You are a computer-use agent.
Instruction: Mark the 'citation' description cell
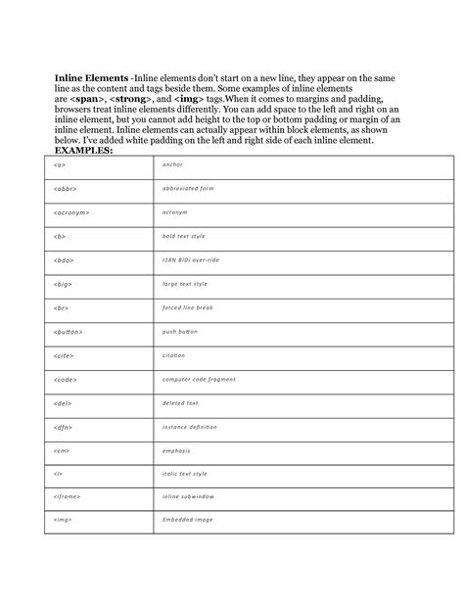point(175,355)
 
